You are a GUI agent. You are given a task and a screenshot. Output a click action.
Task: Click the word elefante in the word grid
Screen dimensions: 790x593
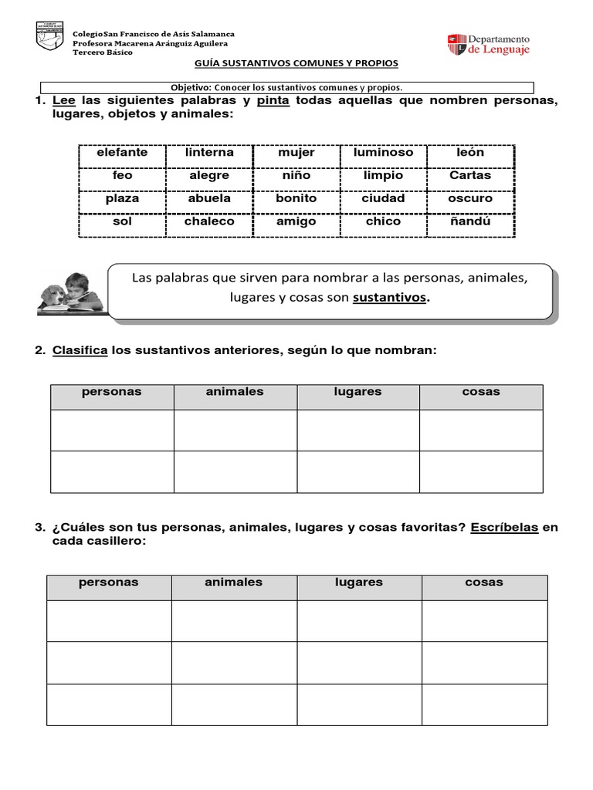122,153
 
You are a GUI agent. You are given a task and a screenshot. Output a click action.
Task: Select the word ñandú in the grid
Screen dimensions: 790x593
469,221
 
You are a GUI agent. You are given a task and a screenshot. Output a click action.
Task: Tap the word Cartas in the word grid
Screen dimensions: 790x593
469,175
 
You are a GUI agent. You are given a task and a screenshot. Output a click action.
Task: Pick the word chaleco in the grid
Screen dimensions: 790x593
209,221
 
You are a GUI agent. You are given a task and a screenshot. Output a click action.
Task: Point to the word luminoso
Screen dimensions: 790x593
383,153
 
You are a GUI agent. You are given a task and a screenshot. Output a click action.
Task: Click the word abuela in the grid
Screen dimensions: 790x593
209,198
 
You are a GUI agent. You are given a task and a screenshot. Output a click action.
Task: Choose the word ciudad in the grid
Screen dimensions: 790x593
383,198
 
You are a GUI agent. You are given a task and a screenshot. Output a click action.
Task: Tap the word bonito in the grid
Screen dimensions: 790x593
296,198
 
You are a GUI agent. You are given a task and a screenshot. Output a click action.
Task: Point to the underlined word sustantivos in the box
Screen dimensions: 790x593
389,298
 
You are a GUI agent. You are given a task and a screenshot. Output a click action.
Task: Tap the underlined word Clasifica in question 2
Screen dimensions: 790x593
80,351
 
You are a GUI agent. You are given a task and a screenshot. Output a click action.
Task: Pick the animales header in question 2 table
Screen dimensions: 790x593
235,392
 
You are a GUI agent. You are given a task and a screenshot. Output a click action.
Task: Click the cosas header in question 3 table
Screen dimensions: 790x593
484,582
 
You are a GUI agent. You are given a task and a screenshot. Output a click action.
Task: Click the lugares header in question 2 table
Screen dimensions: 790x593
357,392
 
